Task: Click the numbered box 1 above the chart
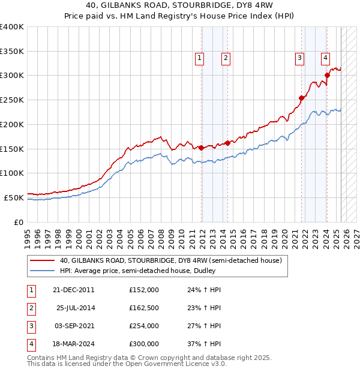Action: pos(199,58)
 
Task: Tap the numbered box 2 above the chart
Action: pos(226,58)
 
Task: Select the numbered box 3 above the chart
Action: pos(299,58)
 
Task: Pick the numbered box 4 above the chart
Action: pos(325,58)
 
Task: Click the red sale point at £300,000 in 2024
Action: pos(327,75)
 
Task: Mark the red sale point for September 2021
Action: pos(301,98)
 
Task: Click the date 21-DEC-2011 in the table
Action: pos(74,290)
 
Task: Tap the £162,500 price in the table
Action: pos(143,308)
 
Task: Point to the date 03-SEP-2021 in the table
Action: pos(74,326)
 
